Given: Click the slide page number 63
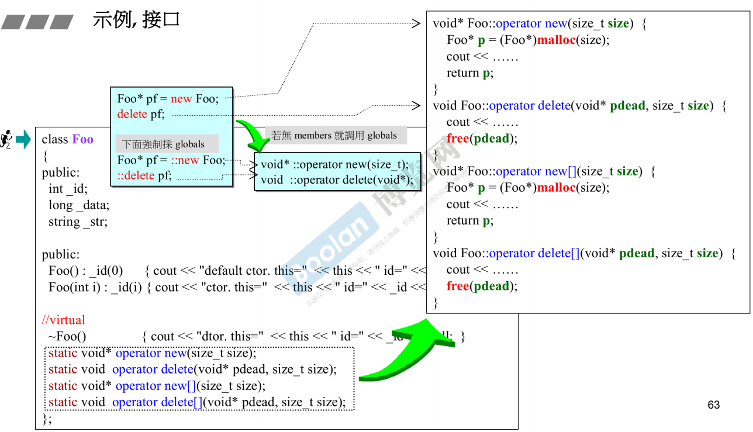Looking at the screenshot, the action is click(x=713, y=405).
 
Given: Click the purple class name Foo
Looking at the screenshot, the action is click(x=82, y=140).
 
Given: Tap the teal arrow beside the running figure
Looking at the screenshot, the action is click(x=23, y=139).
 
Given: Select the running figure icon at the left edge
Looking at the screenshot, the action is click(x=6, y=139).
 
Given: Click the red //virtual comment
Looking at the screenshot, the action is click(x=63, y=320).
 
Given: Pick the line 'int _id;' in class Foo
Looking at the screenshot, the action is click(x=67, y=189).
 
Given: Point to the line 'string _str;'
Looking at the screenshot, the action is click(x=78, y=222).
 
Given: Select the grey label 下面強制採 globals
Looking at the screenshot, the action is click(x=163, y=144).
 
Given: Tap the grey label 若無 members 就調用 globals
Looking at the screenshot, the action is click(x=334, y=136).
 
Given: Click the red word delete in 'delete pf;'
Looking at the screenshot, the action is click(x=132, y=115).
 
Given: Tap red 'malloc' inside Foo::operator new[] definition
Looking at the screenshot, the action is click(x=556, y=188).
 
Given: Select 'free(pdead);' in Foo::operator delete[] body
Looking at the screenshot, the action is click(x=482, y=286).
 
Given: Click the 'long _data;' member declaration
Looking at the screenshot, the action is click(x=78, y=205).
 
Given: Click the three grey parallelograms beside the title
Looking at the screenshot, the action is click(x=37, y=23).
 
